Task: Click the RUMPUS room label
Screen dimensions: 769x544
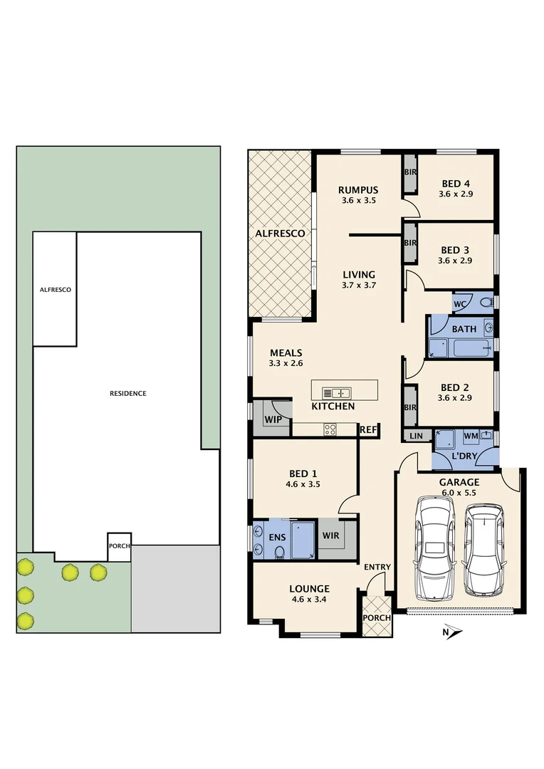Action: pos(357,190)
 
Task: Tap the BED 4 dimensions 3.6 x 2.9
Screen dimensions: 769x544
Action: pos(455,194)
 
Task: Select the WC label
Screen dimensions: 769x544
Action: pos(461,304)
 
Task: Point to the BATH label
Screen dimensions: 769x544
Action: pos(464,330)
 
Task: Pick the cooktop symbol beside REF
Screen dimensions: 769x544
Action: pos(330,429)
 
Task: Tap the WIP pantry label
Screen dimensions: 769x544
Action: pos(273,419)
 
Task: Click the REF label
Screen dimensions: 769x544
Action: pos(368,430)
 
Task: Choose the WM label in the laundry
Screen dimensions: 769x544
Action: pos(471,434)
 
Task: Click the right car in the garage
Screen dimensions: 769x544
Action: pos(484,550)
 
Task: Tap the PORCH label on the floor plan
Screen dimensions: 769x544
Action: pos(377,617)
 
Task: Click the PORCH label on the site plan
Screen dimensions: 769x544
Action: pos(118,547)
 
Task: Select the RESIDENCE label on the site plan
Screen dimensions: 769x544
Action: pos(128,393)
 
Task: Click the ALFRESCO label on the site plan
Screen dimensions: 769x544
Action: pos(55,290)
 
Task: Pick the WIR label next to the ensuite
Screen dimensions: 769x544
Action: pos(330,535)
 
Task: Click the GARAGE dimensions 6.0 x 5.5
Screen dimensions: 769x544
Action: pos(459,492)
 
